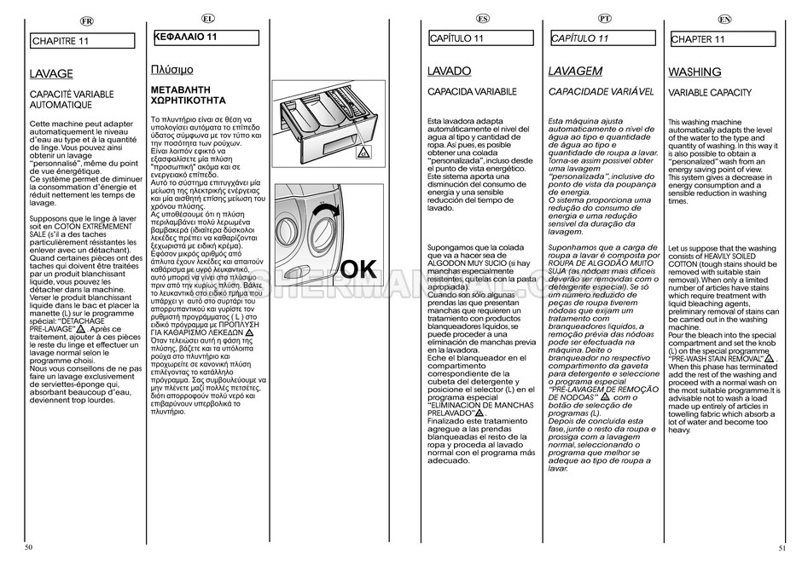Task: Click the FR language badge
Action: [x=86, y=20]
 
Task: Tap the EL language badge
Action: [x=207, y=18]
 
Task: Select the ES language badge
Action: [x=483, y=18]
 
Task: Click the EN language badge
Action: [x=724, y=19]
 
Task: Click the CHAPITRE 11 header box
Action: [x=83, y=40]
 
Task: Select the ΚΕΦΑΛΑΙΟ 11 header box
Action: [x=204, y=38]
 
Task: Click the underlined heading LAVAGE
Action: [x=51, y=74]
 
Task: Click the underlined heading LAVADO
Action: [x=449, y=72]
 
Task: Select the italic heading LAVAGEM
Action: [x=575, y=72]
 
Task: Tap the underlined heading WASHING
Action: [x=694, y=72]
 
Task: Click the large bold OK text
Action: [x=357, y=269]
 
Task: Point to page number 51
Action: [x=782, y=548]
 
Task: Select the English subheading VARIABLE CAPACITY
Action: [x=710, y=92]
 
